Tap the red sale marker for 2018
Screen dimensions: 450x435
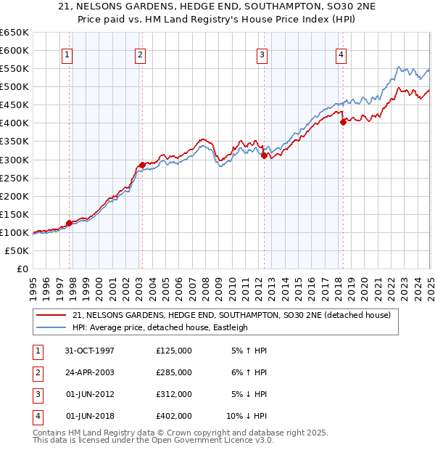[x=343, y=122]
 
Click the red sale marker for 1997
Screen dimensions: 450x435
[x=70, y=223]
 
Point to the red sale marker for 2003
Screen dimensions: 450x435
[x=142, y=165]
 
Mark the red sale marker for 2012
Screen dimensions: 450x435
[x=264, y=155]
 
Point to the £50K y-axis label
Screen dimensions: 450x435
[x=17, y=250]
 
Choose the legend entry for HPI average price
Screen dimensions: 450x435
[x=160, y=327]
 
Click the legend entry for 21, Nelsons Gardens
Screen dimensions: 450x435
[x=231, y=315]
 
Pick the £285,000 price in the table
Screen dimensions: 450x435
[x=174, y=372]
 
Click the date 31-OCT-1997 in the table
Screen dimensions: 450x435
[x=90, y=351]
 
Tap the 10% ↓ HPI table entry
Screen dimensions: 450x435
[x=246, y=416]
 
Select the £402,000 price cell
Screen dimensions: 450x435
[x=174, y=416]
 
